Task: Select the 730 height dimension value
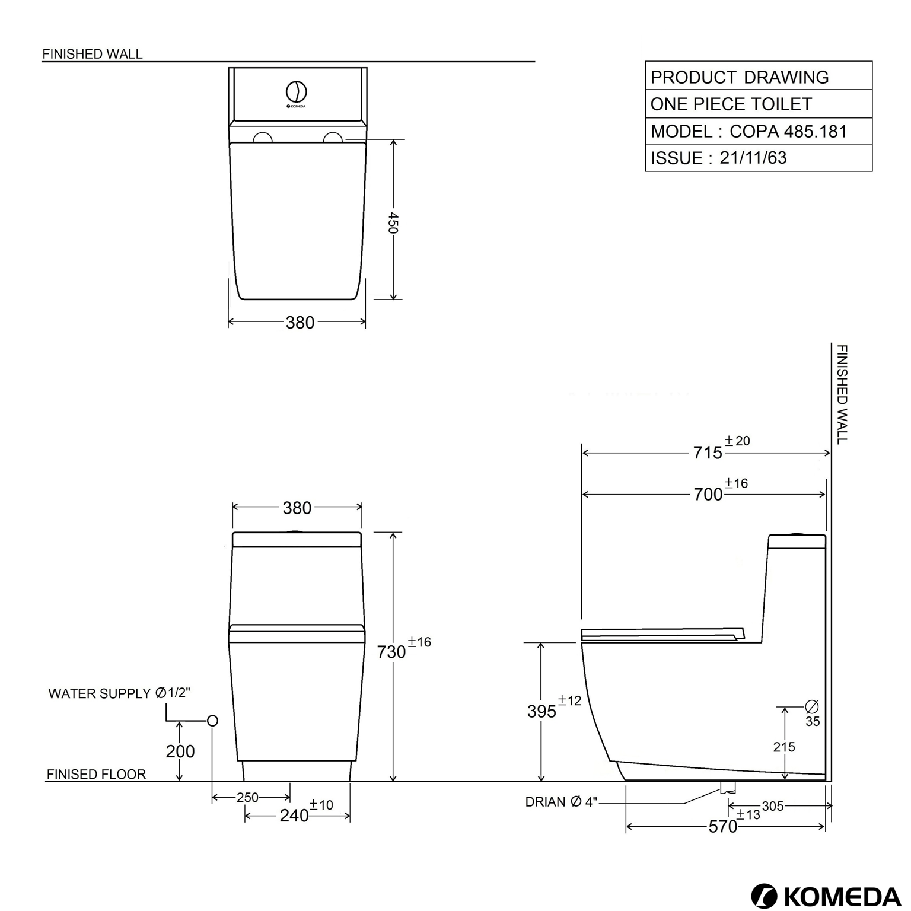tap(391, 652)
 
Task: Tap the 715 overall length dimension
tap(708, 453)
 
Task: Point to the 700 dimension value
tap(708, 495)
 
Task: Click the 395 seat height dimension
tap(541, 711)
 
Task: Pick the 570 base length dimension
tap(722, 827)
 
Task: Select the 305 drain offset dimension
tap(773, 806)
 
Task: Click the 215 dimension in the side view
tap(783, 747)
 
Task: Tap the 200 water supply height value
tap(180, 751)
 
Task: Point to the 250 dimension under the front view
tap(247, 798)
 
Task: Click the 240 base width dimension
tap(294, 816)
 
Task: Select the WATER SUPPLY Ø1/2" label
tap(119, 693)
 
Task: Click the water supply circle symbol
tap(212, 721)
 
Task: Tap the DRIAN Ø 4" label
tap(560, 802)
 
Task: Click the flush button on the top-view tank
tap(297, 91)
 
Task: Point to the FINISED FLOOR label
tap(96, 774)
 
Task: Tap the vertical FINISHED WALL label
tap(842, 394)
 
